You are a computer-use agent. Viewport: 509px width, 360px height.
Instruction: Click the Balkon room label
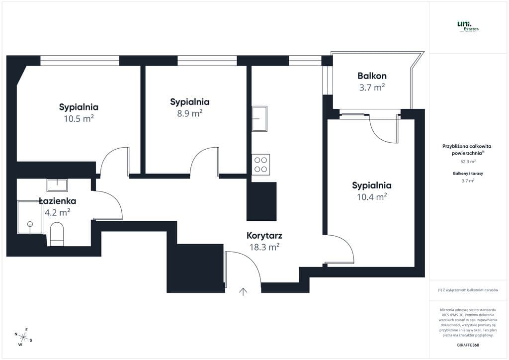point(372,76)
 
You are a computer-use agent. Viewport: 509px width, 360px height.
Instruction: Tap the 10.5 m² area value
point(79,118)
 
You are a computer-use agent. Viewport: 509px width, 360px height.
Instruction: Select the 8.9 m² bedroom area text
point(189,113)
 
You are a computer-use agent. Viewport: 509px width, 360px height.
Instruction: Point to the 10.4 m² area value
point(372,197)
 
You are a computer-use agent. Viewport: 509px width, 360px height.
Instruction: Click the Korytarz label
point(264,236)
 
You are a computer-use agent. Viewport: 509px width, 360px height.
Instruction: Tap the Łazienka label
point(57,201)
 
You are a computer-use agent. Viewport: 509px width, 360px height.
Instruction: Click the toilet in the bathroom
point(57,234)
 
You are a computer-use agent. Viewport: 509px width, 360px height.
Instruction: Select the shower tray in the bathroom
point(30,217)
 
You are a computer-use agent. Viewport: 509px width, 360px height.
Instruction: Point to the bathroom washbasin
point(57,185)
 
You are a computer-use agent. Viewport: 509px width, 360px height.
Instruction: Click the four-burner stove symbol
point(261,165)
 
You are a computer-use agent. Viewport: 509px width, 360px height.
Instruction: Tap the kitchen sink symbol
point(259,118)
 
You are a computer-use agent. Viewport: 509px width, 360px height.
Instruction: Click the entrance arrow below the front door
point(243,292)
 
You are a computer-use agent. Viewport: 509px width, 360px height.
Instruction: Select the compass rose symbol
point(23,337)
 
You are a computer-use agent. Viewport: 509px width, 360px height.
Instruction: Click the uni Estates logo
point(467,26)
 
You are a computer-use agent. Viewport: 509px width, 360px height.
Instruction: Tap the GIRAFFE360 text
point(468,345)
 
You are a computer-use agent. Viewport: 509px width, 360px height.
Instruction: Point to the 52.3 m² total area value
point(467,162)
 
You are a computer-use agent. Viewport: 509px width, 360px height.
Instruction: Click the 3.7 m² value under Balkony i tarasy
point(467,180)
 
